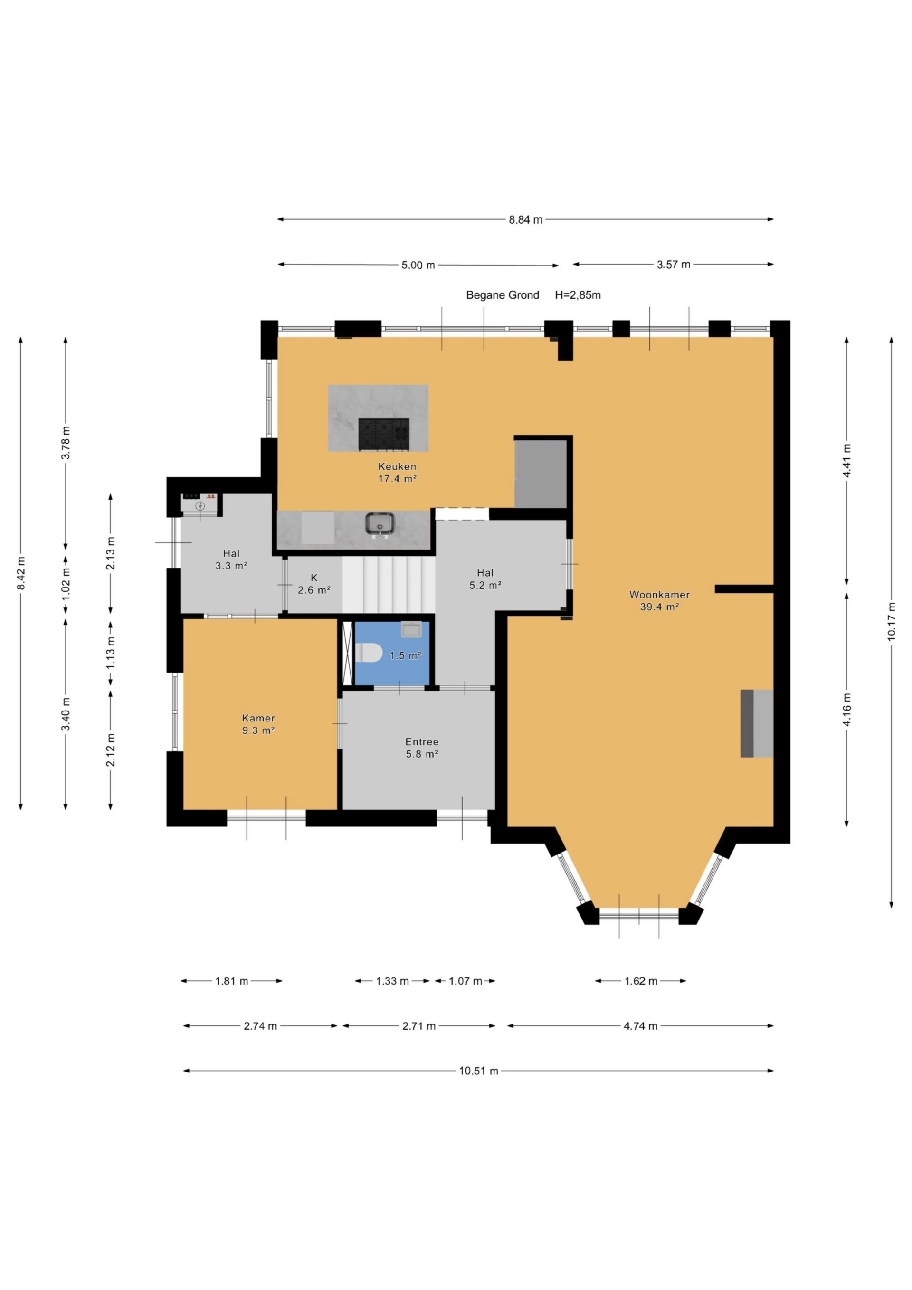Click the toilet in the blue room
pos(369,652)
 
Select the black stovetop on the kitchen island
pos(384,434)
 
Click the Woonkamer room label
pos(659,595)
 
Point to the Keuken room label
pos(397,466)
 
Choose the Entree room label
pos(422,741)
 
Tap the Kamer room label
pos(258,718)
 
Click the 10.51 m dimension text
pos(479,1071)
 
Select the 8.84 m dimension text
pos(526,220)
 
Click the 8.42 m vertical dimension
pos(21,573)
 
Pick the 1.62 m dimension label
pos(641,981)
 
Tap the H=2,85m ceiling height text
pos(578,295)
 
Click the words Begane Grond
pos(503,295)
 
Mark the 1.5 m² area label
pos(406,655)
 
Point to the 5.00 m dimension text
pos(418,265)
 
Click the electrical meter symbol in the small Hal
pos(200,506)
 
